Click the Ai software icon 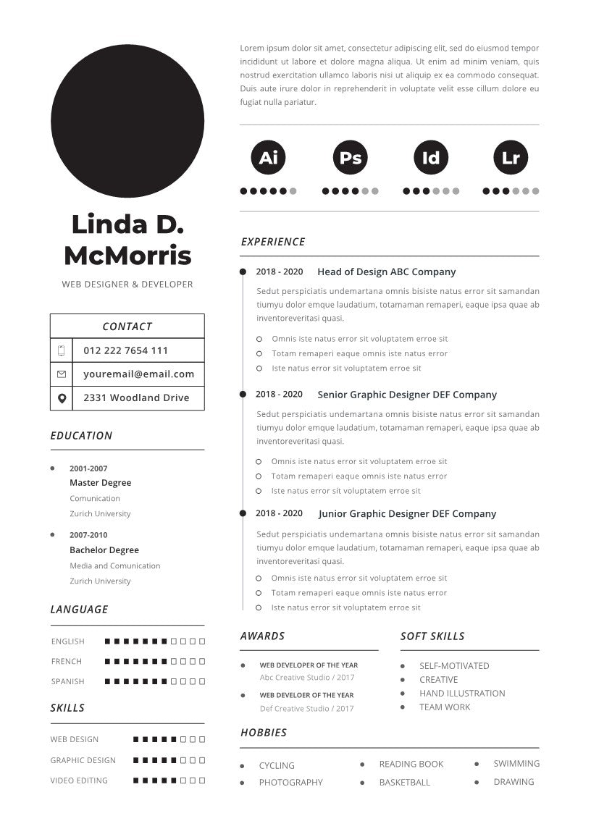268,157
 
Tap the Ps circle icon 351,157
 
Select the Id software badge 431,157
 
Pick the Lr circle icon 511,157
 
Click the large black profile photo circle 127,121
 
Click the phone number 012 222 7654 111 125,350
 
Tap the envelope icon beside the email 62,374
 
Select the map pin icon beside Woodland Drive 62,398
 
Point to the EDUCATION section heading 81,436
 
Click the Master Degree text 100,483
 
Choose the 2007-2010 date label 88,535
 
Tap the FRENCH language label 67,661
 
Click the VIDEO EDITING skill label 79,780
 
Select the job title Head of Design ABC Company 386,272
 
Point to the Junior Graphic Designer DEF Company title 407,514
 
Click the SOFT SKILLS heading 432,636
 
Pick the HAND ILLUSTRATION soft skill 462,694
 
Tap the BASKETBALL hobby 404,783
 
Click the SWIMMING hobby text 516,764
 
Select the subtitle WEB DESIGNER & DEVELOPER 127,285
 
